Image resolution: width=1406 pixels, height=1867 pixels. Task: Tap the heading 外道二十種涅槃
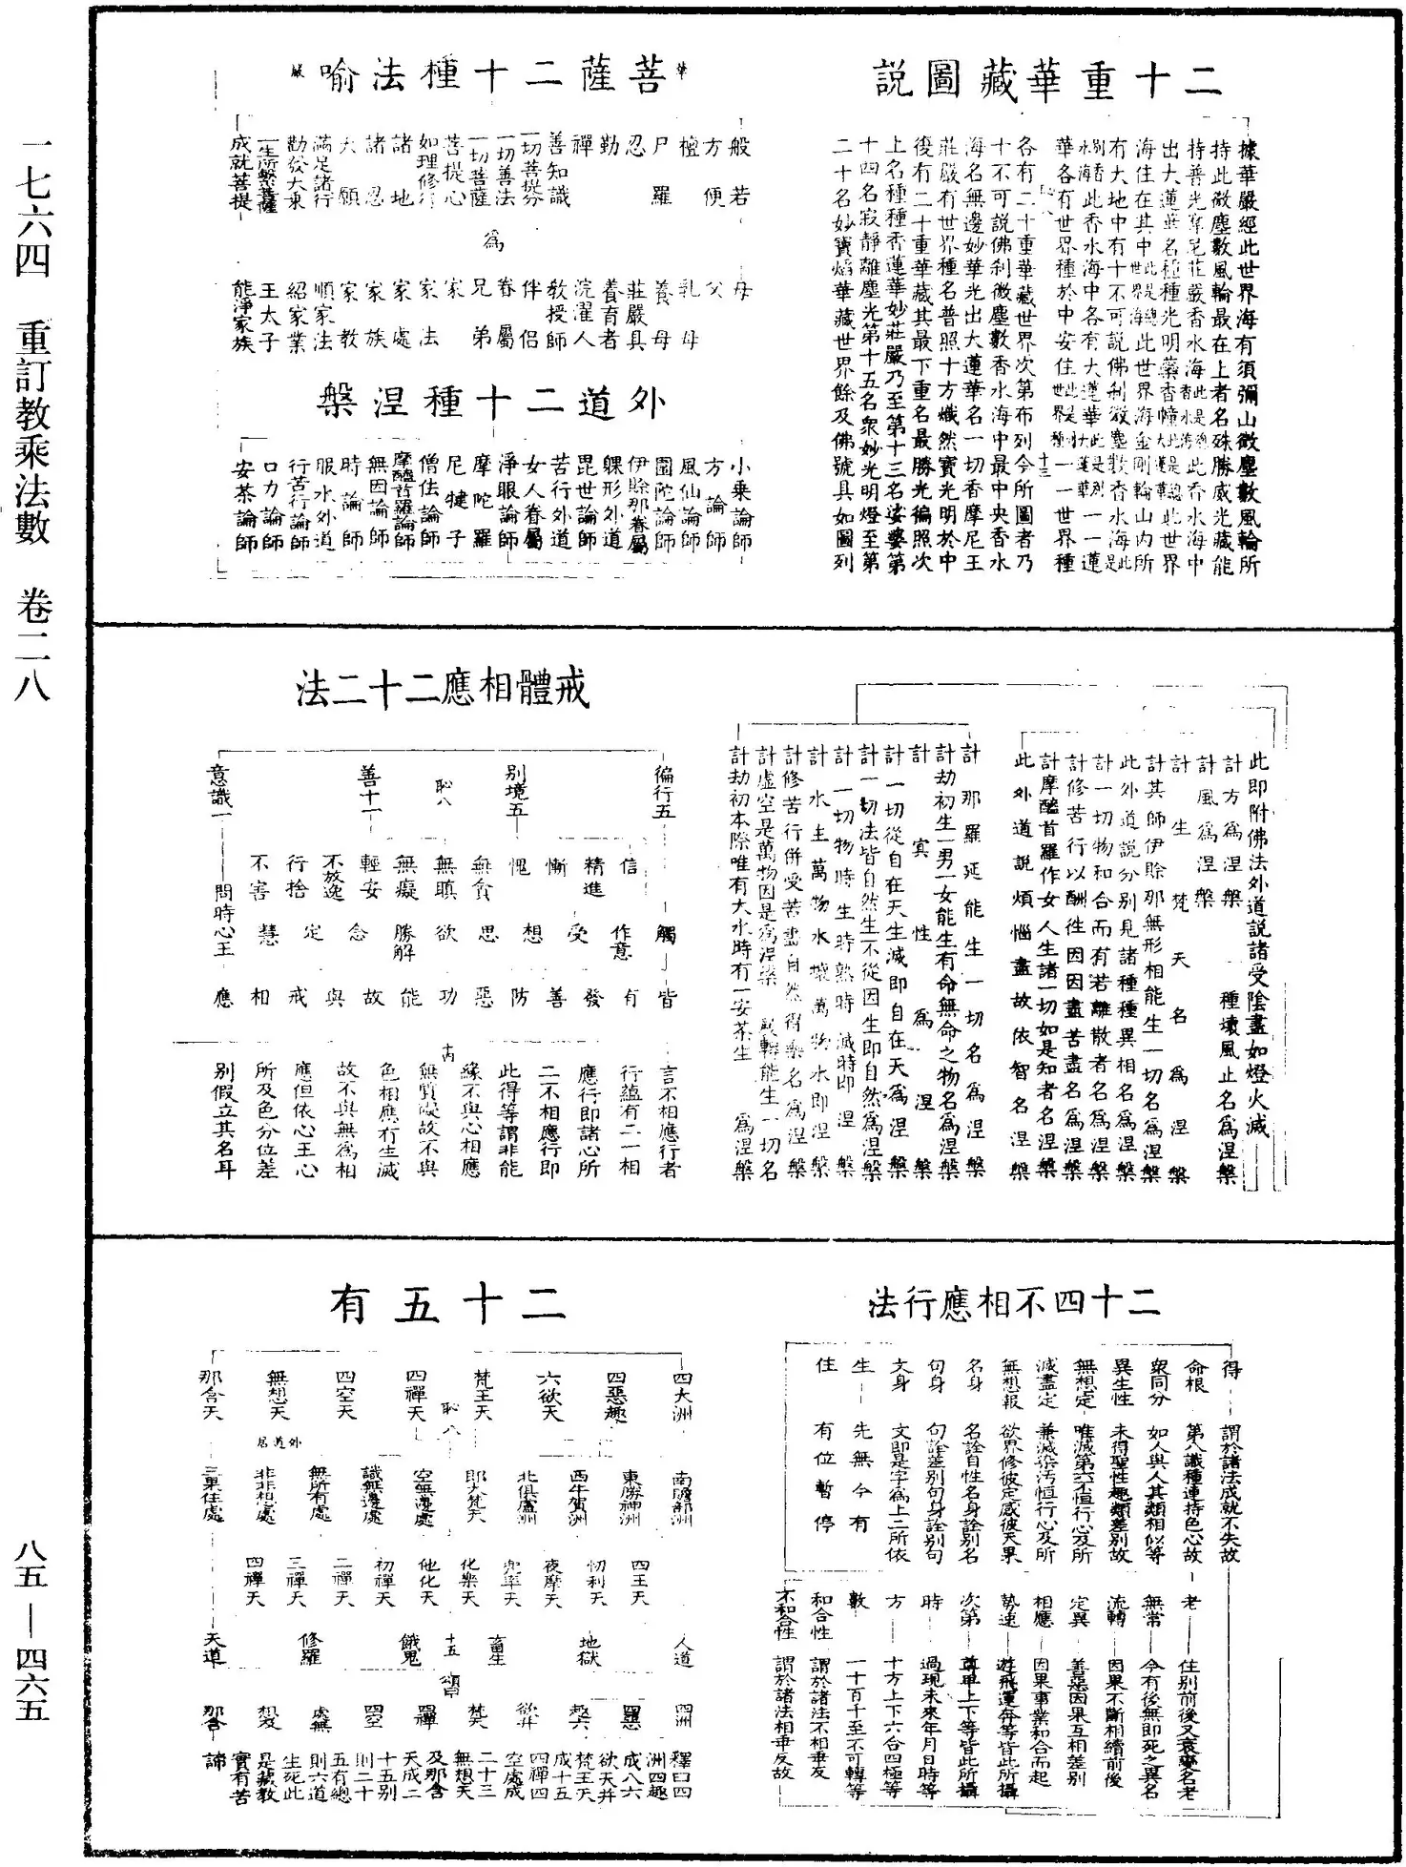click(x=490, y=405)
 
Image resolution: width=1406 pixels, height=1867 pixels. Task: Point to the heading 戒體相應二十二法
click(x=443, y=688)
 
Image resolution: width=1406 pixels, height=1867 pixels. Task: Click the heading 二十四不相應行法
click(x=1013, y=1302)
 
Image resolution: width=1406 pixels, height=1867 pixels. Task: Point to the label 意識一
click(x=222, y=785)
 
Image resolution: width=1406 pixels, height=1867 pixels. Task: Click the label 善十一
click(x=370, y=785)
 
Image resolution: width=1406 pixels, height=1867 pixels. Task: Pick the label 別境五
click(x=518, y=785)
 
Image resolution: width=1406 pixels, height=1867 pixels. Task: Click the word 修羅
click(x=311, y=1649)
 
